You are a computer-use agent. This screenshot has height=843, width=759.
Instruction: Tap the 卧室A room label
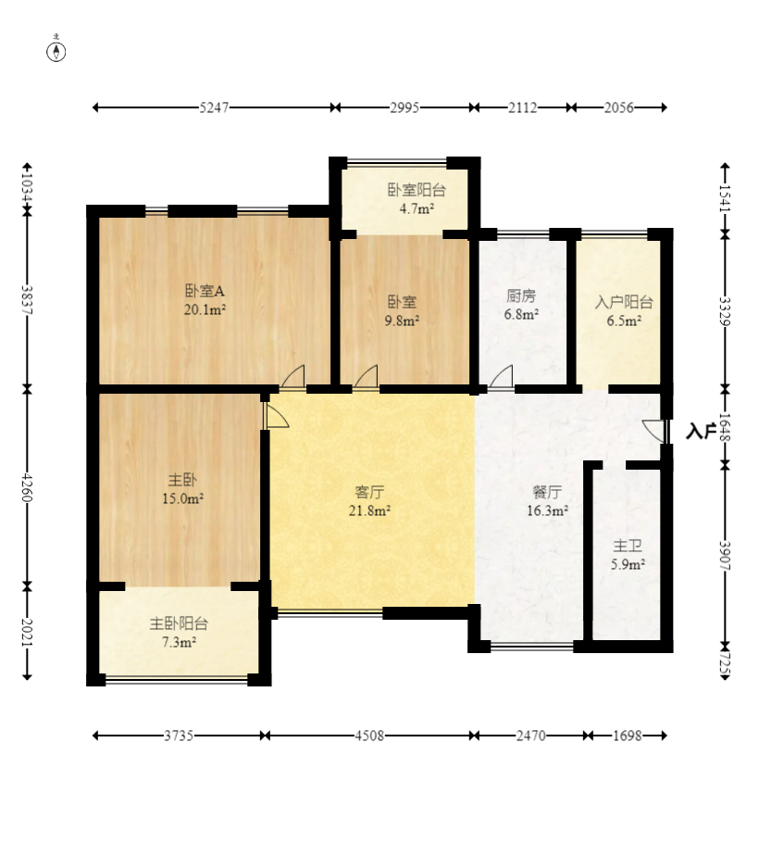[205, 292]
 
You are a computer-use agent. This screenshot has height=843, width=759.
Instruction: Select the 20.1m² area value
[205, 310]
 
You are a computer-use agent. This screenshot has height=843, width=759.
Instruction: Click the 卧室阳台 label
[417, 190]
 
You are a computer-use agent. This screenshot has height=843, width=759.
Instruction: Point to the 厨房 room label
[521, 296]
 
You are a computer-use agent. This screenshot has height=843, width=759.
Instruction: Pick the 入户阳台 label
[624, 302]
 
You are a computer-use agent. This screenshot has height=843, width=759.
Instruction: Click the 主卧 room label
[182, 480]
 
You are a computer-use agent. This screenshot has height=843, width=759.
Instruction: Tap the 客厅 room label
[369, 492]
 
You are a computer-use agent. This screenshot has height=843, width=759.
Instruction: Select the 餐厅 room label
[547, 492]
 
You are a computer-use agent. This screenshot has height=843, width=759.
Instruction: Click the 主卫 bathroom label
[628, 547]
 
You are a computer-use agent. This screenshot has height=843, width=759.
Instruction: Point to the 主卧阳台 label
[179, 623]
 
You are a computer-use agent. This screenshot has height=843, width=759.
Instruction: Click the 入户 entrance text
[701, 431]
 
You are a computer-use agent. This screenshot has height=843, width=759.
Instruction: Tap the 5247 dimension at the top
[214, 107]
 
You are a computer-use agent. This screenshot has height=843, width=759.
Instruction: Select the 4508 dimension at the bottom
[369, 736]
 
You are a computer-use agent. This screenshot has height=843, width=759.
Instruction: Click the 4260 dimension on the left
[27, 486]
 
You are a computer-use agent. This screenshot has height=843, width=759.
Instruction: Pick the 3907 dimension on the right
[725, 556]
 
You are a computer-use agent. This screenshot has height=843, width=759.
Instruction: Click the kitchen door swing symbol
[501, 377]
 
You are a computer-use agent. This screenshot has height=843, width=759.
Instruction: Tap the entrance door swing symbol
[654, 431]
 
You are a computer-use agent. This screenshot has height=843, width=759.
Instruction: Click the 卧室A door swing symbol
[293, 377]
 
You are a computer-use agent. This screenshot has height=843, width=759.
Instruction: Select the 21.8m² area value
[369, 510]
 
